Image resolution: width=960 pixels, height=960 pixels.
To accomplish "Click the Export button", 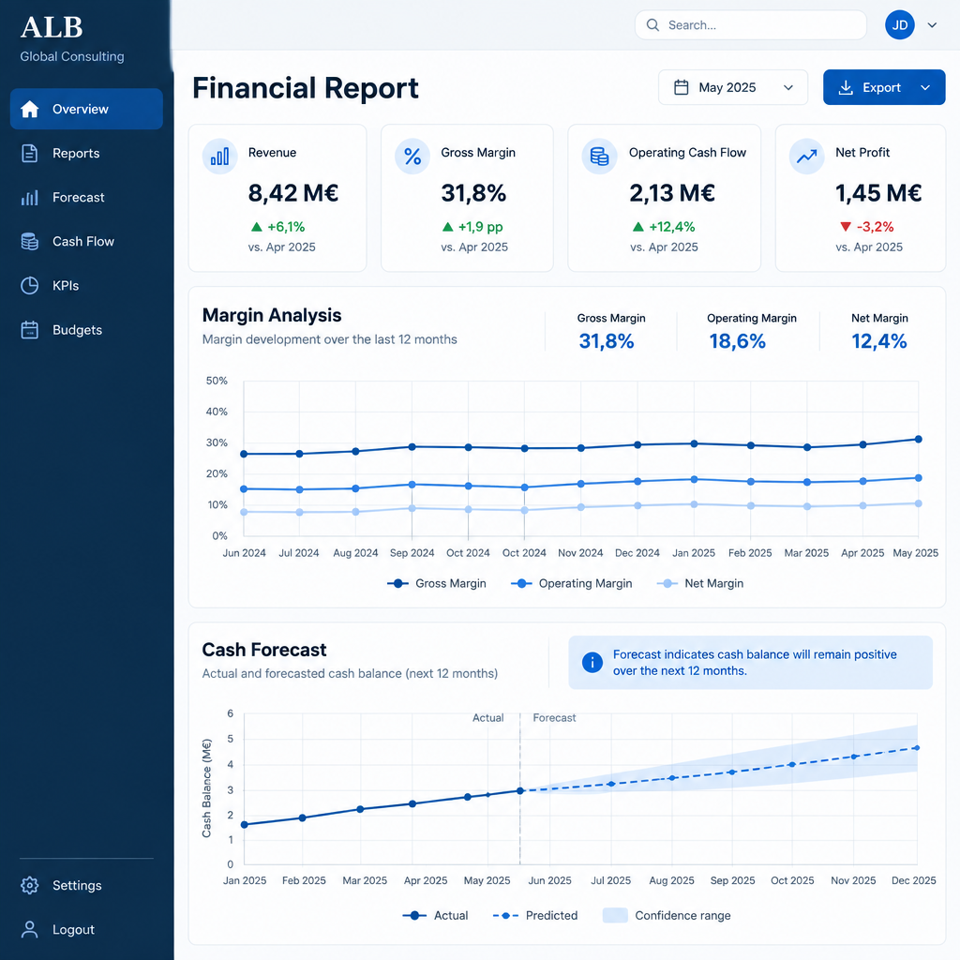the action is pos(883,87).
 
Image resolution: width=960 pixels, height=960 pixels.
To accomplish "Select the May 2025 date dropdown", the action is pos(733,87).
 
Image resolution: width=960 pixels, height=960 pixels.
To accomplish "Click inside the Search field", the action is pos(751,25).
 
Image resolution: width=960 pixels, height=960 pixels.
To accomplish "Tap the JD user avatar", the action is pos(899,25).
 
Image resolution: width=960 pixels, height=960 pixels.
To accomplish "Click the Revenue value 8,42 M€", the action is pos(293,193).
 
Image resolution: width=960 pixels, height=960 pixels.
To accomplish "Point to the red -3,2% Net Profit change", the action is pos(867,227).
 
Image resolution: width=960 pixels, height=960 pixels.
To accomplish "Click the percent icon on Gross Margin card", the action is pos(412,157).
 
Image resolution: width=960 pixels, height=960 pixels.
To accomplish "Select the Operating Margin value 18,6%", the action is pos(737,341).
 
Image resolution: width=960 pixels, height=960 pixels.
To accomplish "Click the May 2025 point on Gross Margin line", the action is pos(919,439).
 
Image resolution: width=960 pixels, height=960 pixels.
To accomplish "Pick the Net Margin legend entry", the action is pos(699,583).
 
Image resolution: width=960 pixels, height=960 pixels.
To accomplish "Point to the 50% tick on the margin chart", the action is pos(217,381).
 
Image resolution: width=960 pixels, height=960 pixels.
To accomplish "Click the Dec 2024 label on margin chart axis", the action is pos(637,553).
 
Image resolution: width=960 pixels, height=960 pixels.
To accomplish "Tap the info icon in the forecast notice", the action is pos(592,663).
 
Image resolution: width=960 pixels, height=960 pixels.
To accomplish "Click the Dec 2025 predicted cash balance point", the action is pos(917,747).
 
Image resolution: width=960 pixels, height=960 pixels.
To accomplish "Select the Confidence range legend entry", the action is pos(667,915).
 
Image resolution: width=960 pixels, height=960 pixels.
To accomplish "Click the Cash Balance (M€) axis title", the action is pos(206,788).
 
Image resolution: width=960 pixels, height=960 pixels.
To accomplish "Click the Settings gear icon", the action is pos(29,885).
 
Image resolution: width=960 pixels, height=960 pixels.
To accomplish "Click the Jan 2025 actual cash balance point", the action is pos(245,825).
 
